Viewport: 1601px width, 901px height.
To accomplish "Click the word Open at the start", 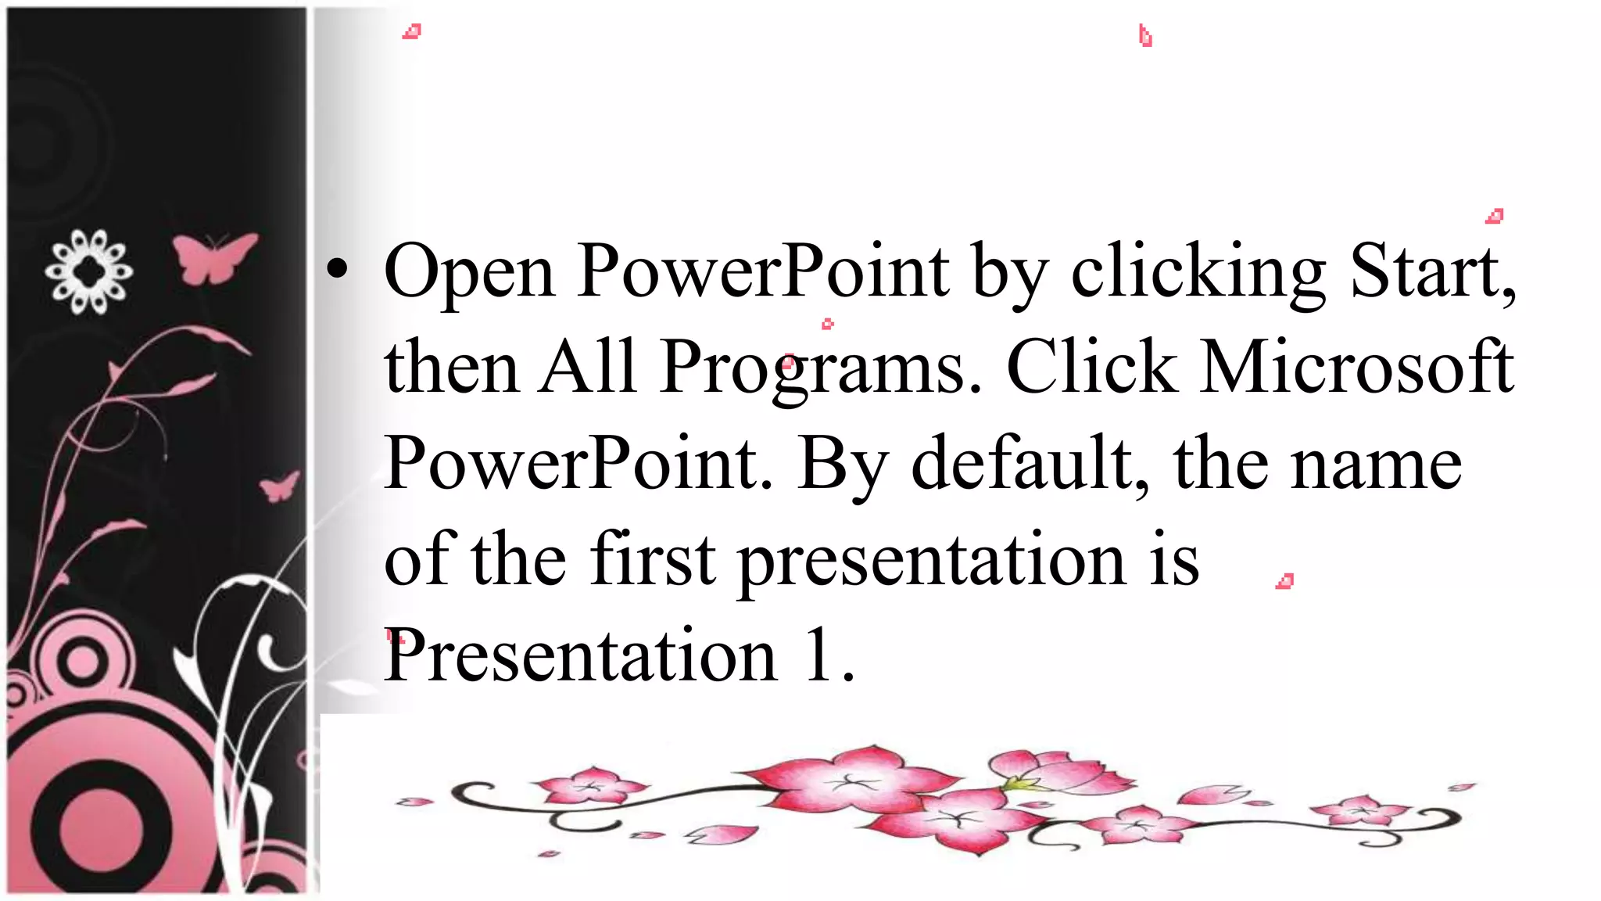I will (469, 272).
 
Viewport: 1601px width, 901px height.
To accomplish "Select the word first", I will (653, 558).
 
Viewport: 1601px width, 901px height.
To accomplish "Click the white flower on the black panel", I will (88, 271).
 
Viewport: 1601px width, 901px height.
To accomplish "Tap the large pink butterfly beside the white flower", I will (213, 257).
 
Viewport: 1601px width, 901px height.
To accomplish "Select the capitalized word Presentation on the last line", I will (580, 655).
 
